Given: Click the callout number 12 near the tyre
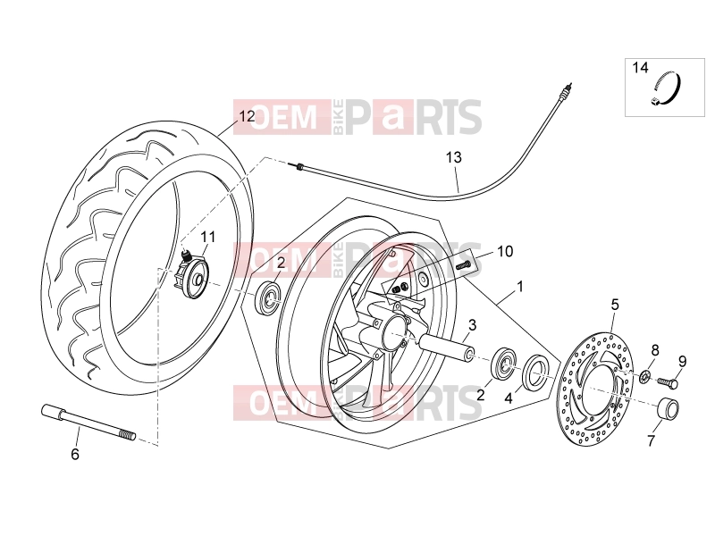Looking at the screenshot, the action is point(248,117).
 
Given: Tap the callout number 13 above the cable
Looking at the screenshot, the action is point(454,158).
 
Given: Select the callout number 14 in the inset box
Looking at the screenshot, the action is point(640,68).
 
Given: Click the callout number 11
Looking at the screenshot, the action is point(208,237).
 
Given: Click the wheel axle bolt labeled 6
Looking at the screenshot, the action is point(88,423).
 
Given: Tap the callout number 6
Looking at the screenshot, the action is point(75,455).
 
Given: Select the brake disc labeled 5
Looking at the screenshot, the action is point(596,385).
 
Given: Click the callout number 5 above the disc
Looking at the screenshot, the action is point(615,305).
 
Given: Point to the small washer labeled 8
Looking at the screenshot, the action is point(644,376).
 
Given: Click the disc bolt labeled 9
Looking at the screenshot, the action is point(666,382).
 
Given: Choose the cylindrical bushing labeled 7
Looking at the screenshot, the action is point(668,408).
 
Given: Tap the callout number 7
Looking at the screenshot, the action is point(651,440).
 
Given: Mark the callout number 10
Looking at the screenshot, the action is point(505,251).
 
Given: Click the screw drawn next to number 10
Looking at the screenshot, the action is point(462,264).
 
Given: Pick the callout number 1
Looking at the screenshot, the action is point(519,287).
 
